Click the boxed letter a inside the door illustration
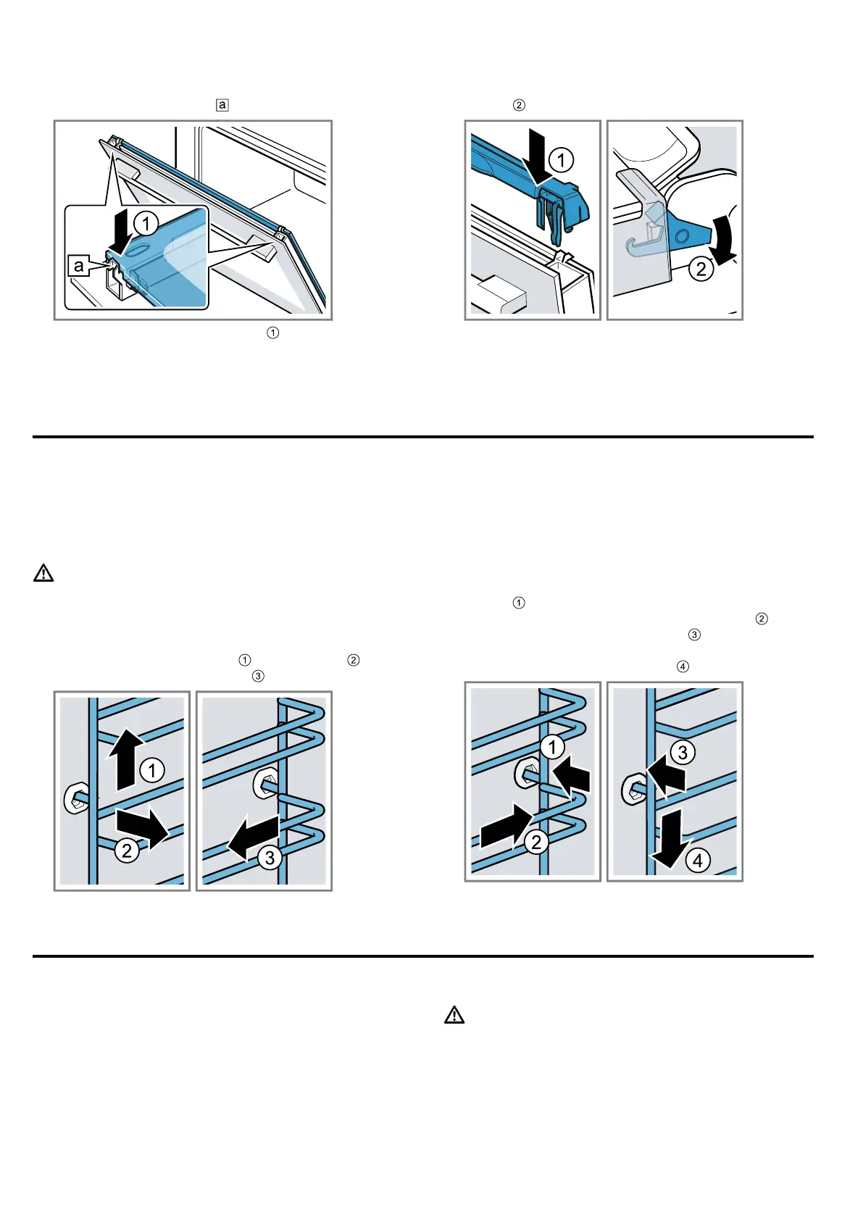click(78, 266)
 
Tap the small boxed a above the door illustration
click(222, 105)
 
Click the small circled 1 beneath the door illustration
click(273, 333)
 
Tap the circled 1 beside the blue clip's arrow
click(561, 159)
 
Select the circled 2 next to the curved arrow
click(701, 270)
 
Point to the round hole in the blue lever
click(683, 237)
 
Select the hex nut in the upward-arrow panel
click(75, 799)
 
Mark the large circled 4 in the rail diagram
click(697, 861)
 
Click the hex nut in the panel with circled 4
click(633, 789)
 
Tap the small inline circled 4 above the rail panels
click(682, 667)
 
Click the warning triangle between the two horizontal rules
click(43, 574)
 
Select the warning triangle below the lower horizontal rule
click(454, 1015)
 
